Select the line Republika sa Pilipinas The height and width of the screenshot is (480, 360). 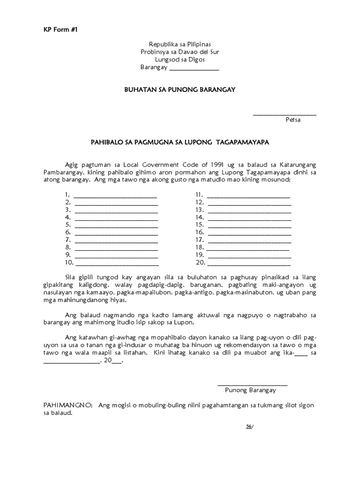180,44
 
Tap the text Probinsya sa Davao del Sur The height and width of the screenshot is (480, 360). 180,52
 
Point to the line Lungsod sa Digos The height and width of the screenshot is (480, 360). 180,60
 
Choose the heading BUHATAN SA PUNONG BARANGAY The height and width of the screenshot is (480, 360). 180,89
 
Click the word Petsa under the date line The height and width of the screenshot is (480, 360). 293,120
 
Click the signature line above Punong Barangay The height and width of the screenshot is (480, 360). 253,384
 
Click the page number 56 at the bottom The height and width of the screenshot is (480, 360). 249,426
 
